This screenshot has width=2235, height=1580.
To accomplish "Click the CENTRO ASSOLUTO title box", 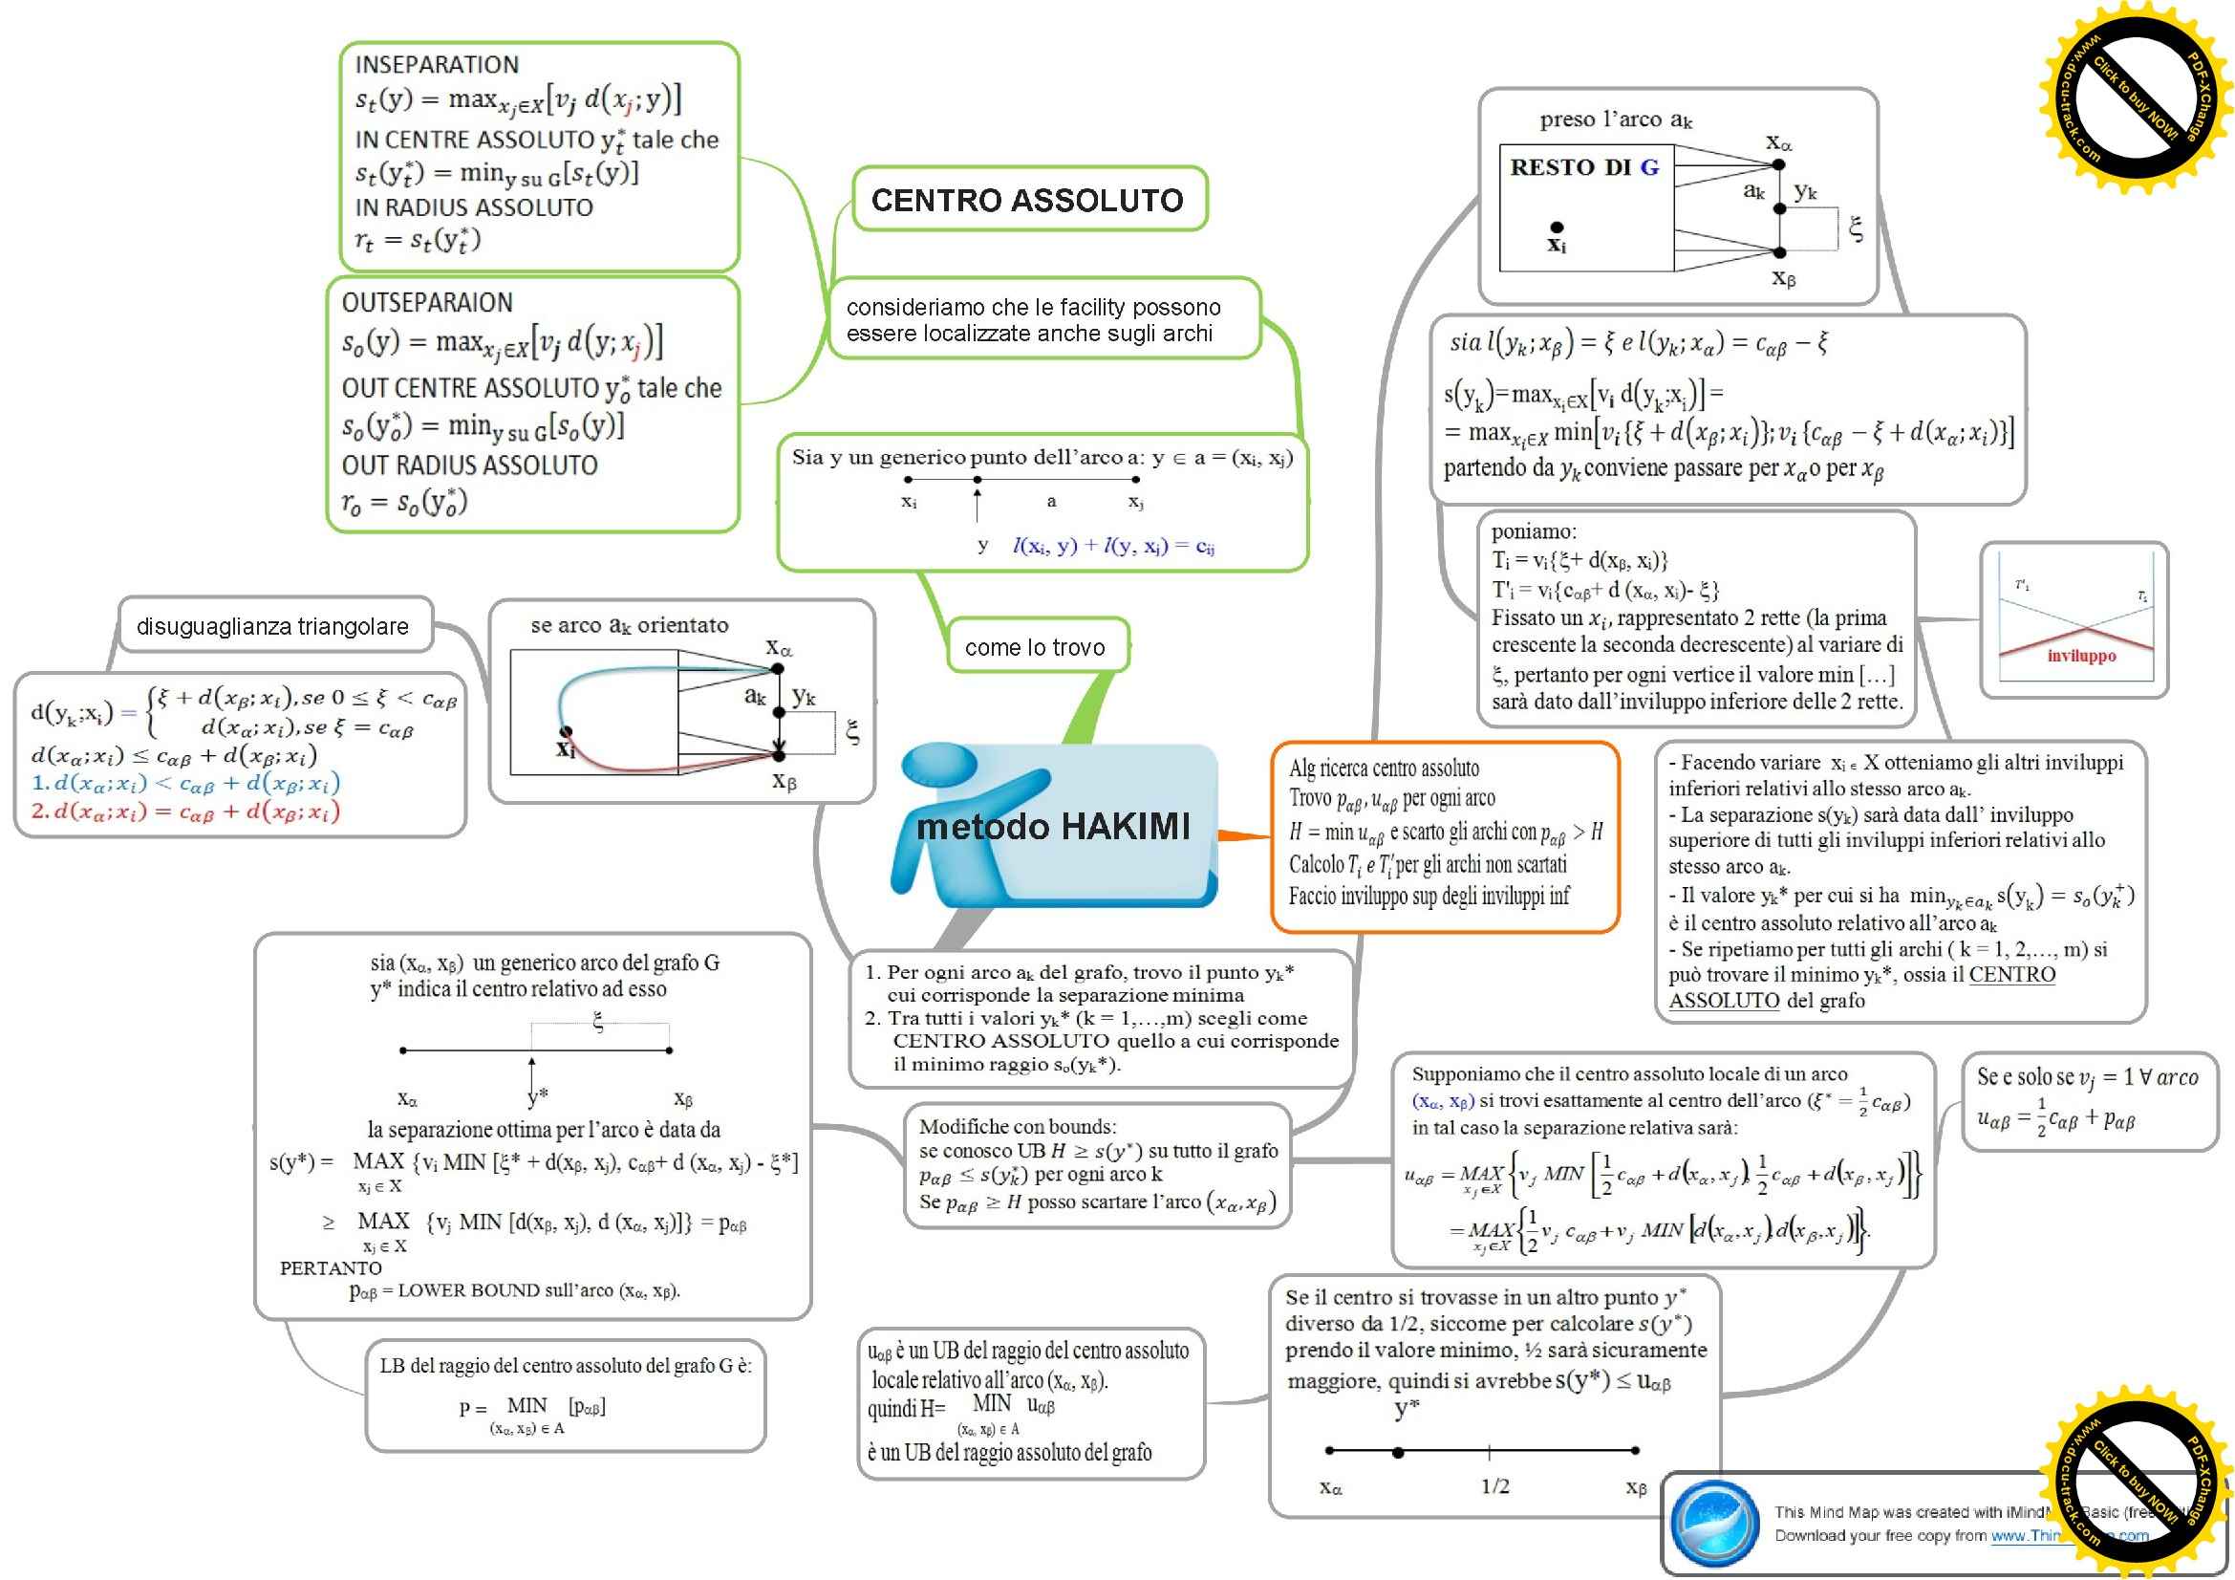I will [1028, 201].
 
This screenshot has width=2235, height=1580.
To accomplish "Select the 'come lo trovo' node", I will [1035, 647].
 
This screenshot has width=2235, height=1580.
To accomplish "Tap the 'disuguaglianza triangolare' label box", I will [272, 626].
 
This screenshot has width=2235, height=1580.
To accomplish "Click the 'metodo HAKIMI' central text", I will [1053, 827].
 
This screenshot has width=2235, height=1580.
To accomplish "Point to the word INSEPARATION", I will [437, 65].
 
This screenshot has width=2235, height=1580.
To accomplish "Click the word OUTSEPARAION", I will [427, 303].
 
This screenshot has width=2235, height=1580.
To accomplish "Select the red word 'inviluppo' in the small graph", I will [2081, 655].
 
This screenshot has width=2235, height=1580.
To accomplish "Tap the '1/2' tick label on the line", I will [1495, 1486].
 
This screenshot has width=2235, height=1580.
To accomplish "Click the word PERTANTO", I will [331, 1268].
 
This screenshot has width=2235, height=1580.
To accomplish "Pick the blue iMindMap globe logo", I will [1714, 1523].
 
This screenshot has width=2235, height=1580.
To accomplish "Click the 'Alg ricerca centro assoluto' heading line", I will [1384, 768].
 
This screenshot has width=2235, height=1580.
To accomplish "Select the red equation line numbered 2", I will [186, 812].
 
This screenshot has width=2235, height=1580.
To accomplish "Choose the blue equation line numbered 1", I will [186, 784].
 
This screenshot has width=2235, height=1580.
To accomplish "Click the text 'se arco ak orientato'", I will [629, 626].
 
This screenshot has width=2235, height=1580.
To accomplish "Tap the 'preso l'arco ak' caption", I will [1616, 119].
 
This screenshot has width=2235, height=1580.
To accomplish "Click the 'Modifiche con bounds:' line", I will [1018, 1126].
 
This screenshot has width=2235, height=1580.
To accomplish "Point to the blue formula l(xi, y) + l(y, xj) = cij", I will [1112, 546].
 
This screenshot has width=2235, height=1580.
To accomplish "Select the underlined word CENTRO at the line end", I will [2012, 975].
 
